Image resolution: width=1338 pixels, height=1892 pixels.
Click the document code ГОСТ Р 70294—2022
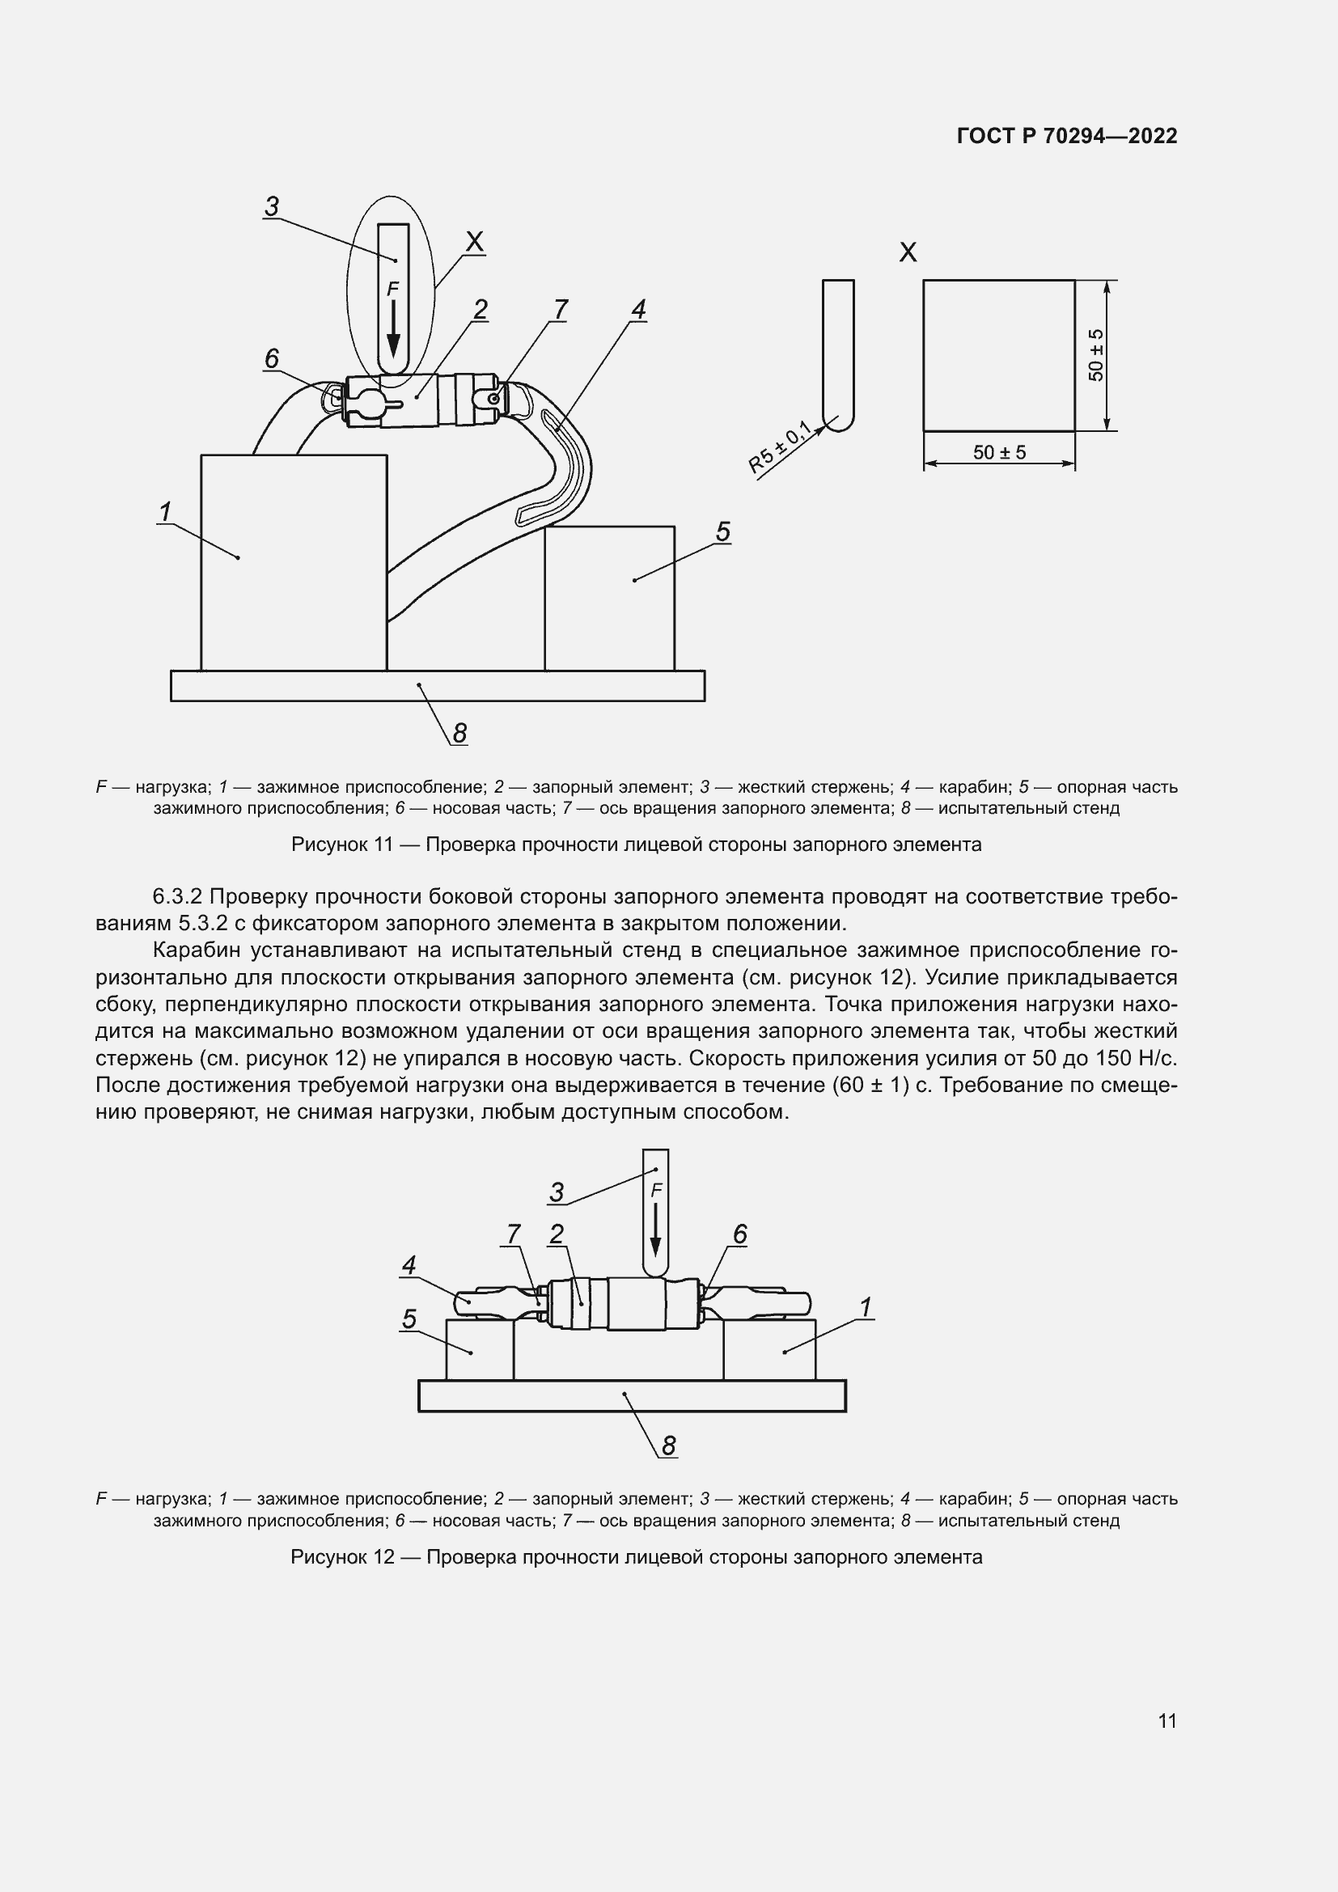click(x=1066, y=136)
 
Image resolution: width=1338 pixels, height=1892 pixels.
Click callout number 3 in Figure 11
click(x=272, y=206)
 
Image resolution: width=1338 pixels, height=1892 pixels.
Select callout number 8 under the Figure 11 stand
click(x=459, y=733)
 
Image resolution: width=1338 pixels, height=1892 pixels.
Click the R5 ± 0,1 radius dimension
click(x=778, y=447)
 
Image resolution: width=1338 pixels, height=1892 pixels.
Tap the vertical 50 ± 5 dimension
click(x=1096, y=355)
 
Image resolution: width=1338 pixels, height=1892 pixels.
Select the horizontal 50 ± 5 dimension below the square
click(x=998, y=452)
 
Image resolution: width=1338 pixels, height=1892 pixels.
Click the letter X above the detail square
click(x=908, y=253)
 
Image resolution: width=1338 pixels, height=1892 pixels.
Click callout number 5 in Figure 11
click(x=722, y=531)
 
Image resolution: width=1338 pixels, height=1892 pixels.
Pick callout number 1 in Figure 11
click(x=165, y=512)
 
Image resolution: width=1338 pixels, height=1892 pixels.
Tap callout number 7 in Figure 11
click(x=561, y=310)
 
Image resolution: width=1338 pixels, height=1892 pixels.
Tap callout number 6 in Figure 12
click(x=739, y=1234)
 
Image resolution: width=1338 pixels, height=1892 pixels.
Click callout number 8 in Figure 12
click(x=668, y=1446)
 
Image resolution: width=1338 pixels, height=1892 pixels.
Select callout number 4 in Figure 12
click(x=409, y=1265)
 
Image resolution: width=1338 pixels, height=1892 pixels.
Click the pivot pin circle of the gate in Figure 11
click(x=493, y=399)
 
